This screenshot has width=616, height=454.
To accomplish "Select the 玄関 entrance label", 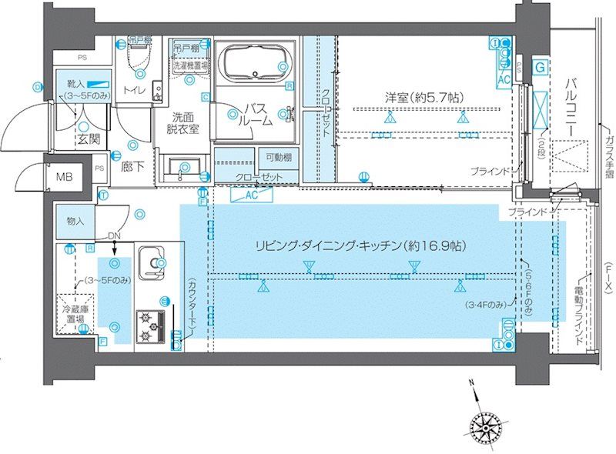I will [x=88, y=139].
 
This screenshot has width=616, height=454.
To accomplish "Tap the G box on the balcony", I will [x=541, y=68].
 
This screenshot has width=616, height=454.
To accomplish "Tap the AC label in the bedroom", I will [x=505, y=79].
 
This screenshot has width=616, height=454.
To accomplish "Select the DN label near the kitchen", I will [x=114, y=235].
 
